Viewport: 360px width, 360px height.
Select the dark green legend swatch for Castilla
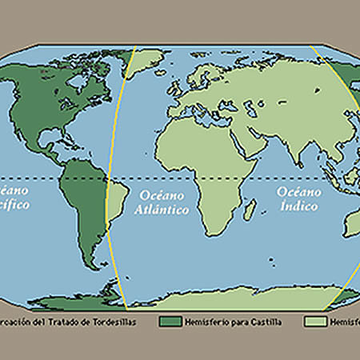[171, 322]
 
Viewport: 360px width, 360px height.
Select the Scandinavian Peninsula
[203, 80]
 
